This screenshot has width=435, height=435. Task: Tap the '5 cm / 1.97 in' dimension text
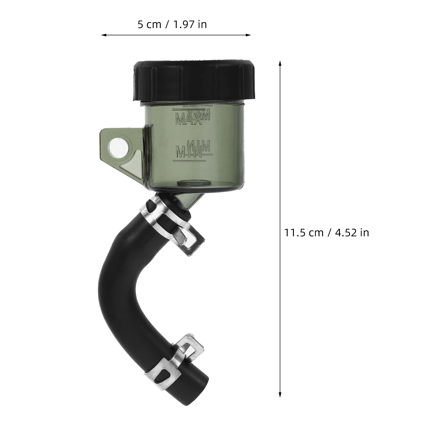click(x=172, y=24)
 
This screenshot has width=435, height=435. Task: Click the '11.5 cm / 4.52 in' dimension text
click(x=327, y=232)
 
